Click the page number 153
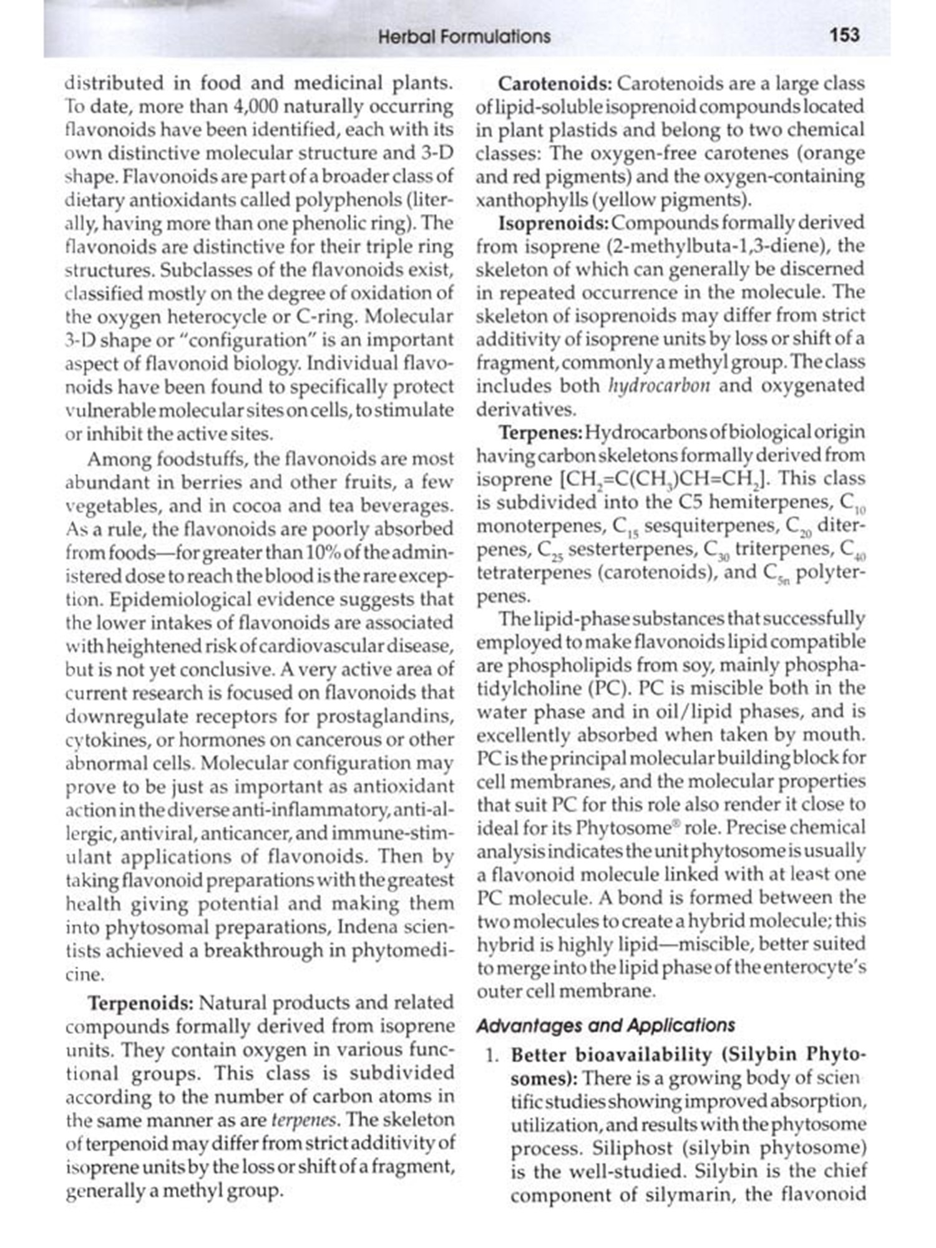tap(845, 35)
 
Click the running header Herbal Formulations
tap(464, 37)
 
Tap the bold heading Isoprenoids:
tap(553, 223)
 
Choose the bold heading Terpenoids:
tap(140, 1003)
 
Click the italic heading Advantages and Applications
tap(605, 1026)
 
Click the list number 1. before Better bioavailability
tap(493, 1056)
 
